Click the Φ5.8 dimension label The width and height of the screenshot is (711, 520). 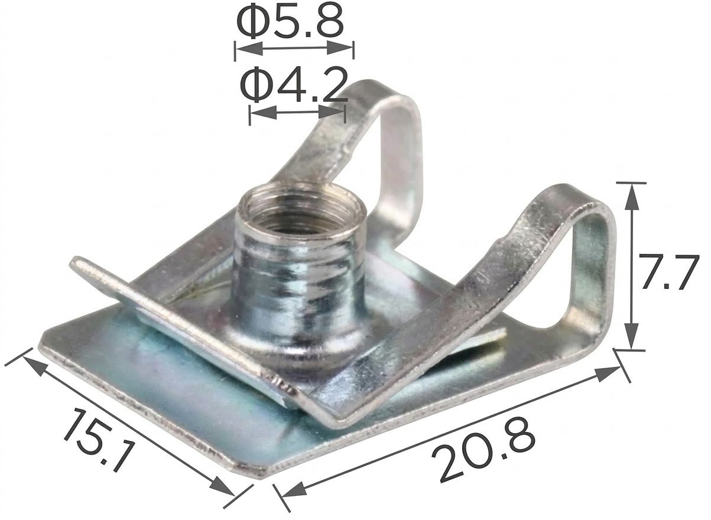tap(290, 23)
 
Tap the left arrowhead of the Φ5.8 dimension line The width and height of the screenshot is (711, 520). tap(250, 49)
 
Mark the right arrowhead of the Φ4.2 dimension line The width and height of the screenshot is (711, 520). tap(332, 112)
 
